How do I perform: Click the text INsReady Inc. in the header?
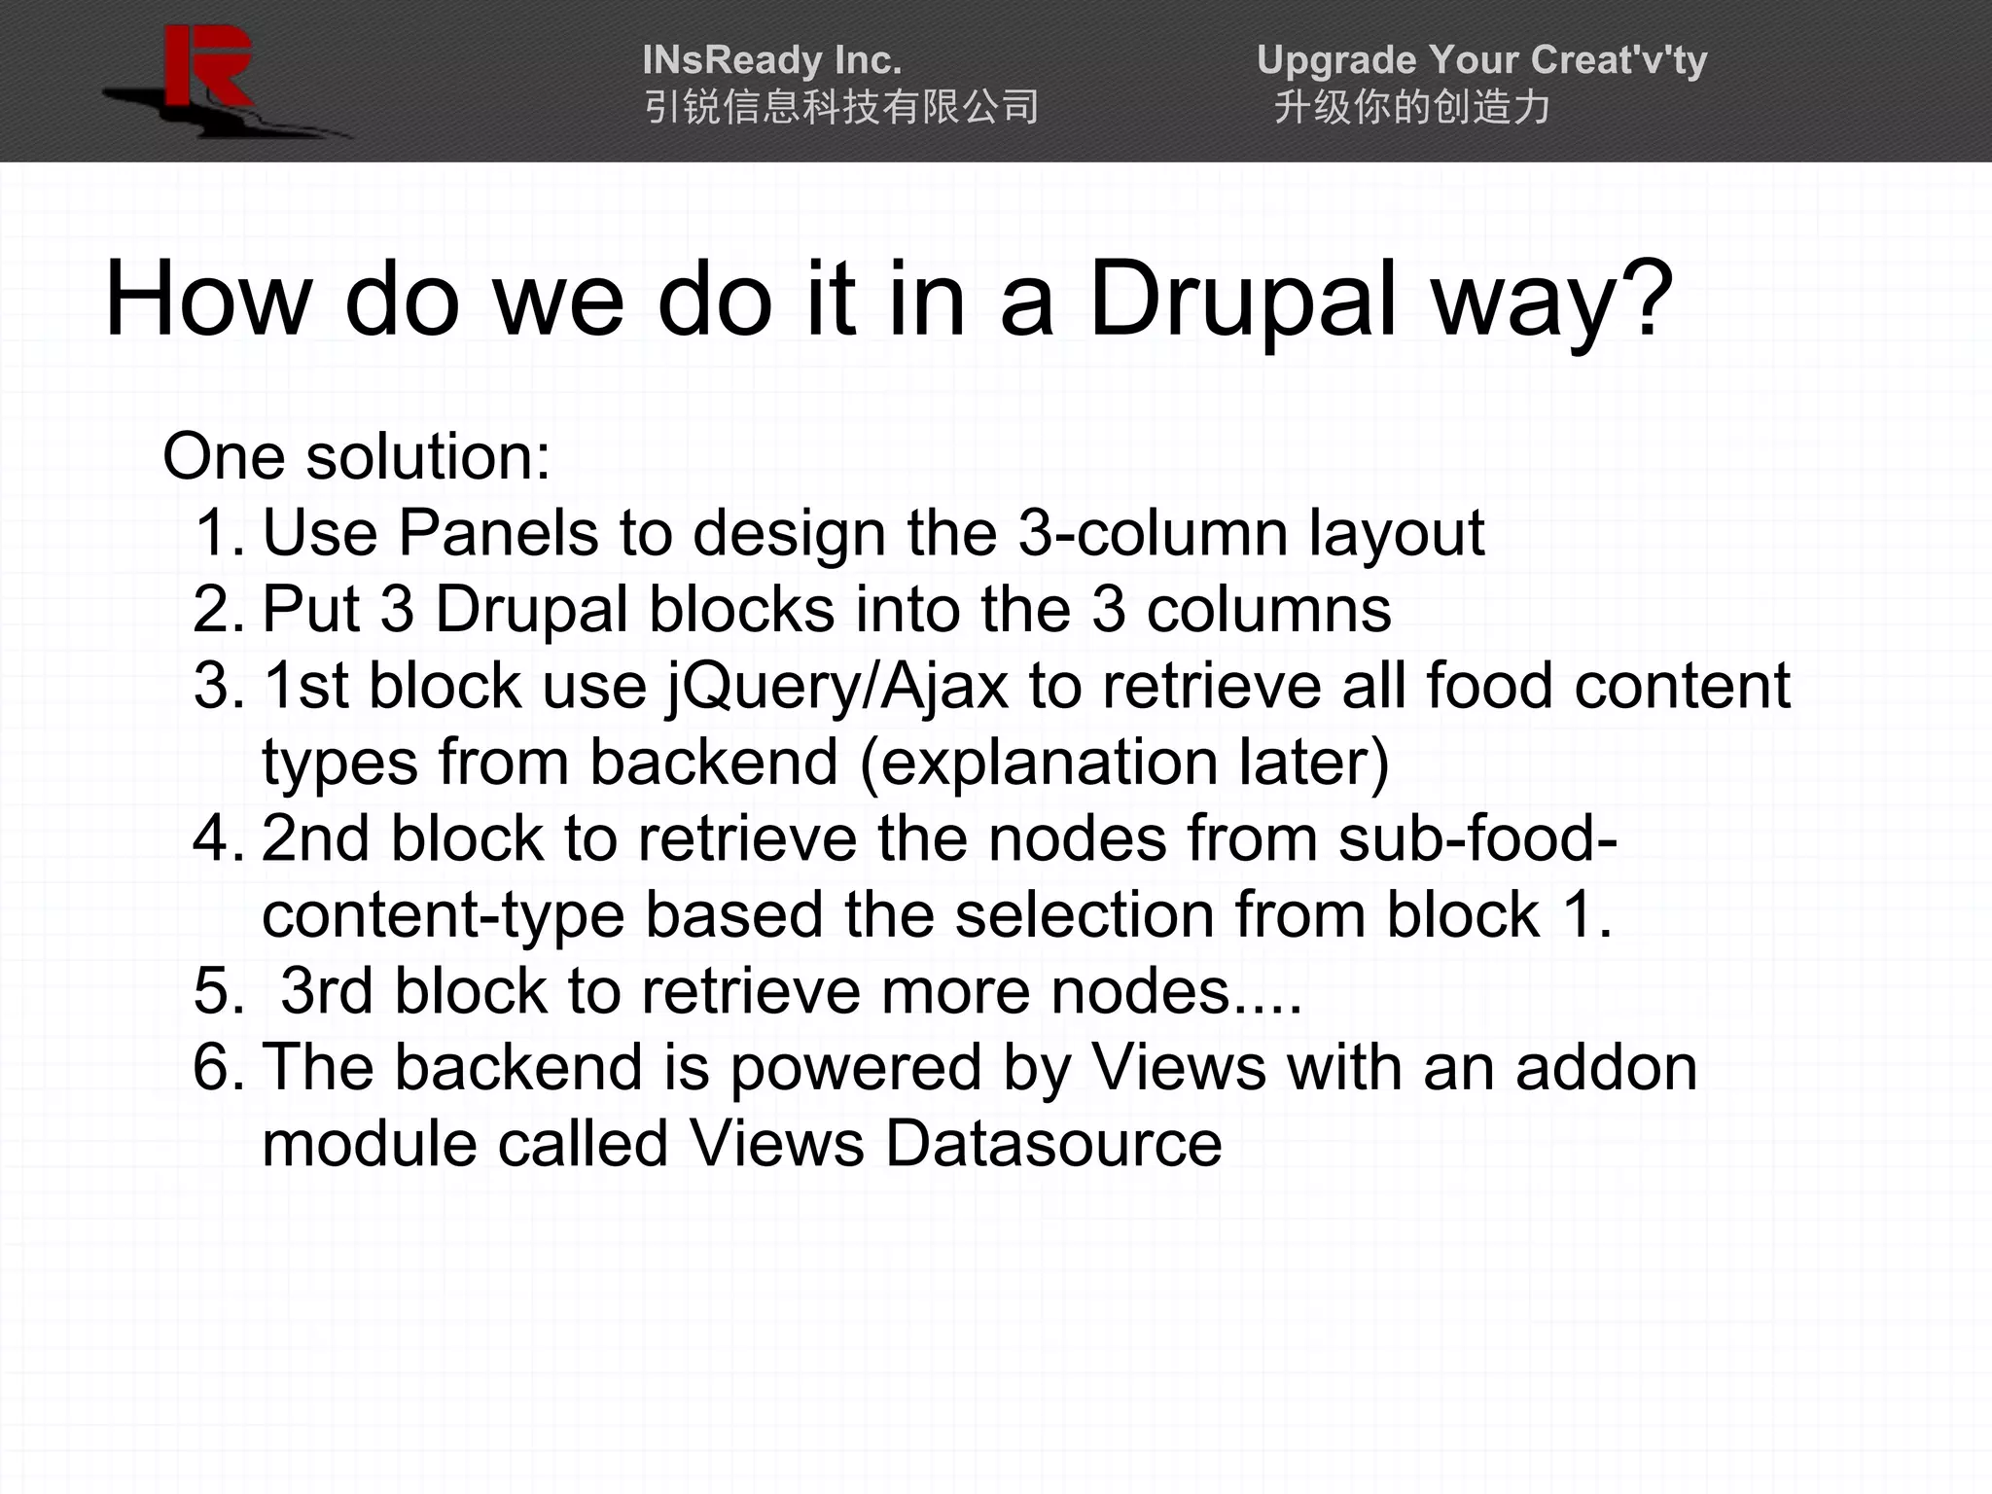click(771, 60)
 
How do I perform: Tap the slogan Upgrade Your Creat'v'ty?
click(1481, 60)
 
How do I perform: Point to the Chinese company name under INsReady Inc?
click(841, 107)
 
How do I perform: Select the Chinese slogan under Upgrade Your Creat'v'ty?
click(1411, 107)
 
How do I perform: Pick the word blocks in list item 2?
click(741, 610)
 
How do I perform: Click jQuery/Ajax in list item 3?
click(837, 687)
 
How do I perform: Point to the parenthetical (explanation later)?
click(1124, 762)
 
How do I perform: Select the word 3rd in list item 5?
click(327, 991)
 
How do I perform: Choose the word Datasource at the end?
click(1053, 1143)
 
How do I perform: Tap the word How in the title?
click(205, 300)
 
